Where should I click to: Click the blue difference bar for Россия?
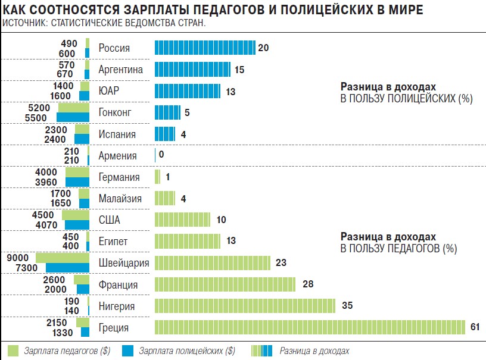pyautogui.click(x=204, y=48)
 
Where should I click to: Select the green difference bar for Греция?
pyautogui.click(x=310, y=327)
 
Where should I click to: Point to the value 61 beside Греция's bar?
pyautogui.click(x=475, y=327)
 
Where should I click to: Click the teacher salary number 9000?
pyautogui.click(x=17, y=258)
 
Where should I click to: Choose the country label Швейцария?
pyautogui.click(x=124, y=263)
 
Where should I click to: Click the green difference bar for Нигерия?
pyautogui.click(x=246, y=306)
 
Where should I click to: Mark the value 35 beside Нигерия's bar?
pyautogui.click(x=348, y=306)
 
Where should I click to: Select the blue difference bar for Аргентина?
pyautogui.click(x=193, y=70)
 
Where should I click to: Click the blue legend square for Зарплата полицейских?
pyautogui.click(x=128, y=350)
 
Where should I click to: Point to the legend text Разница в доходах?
pyautogui.click(x=314, y=350)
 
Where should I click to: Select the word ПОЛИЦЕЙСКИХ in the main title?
pyautogui.click(x=322, y=10)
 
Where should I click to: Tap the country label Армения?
pyautogui.click(x=117, y=156)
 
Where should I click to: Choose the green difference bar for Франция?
pyautogui.click(x=225, y=284)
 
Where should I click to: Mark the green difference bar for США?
pyautogui.click(x=182, y=220)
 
